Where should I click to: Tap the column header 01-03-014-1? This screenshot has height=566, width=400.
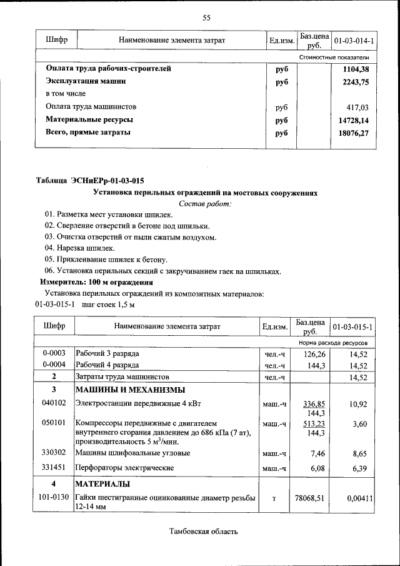354,41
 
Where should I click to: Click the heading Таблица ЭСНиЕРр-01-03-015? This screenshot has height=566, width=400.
90,181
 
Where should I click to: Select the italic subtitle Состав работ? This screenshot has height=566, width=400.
205,203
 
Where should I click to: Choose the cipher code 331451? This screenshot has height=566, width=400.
54,467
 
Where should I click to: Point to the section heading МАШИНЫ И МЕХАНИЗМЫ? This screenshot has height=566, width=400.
122,390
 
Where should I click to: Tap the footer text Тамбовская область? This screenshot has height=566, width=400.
204,532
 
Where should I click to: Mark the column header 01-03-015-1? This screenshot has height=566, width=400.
354,327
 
